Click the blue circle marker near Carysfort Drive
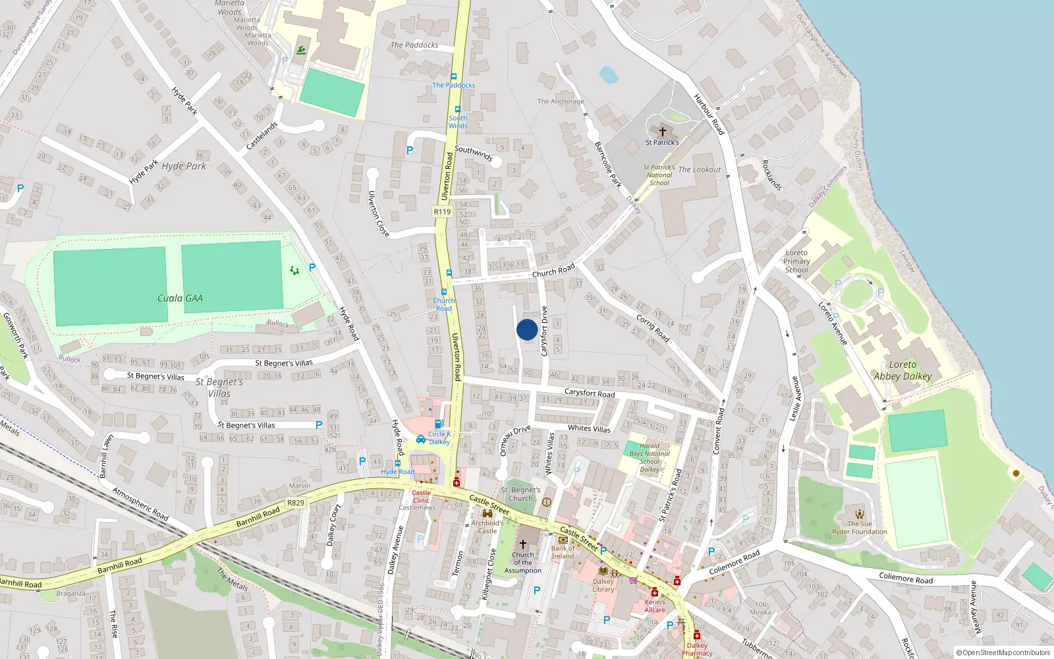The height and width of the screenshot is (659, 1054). (527, 329)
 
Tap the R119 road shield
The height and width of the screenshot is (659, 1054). (442, 212)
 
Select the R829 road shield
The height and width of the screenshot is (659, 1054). (296, 503)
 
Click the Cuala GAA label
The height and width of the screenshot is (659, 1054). (180, 299)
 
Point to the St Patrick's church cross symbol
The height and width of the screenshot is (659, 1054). (663, 132)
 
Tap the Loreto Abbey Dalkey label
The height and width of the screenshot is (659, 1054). (902, 370)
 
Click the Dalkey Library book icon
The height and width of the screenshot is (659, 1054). (603, 571)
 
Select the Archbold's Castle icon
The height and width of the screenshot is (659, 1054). (487, 513)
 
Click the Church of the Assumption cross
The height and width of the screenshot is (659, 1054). (523, 544)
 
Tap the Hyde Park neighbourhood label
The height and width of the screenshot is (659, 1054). (184, 166)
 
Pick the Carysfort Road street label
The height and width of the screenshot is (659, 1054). (590, 393)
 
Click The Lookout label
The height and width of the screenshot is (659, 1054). (700, 169)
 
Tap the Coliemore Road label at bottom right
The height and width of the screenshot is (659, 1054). (906, 579)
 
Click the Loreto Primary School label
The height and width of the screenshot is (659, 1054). (796, 261)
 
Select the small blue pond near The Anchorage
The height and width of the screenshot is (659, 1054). (609, 74)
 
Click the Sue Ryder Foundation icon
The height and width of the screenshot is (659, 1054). (859, 513)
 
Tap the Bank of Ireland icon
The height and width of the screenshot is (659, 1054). (563, 539)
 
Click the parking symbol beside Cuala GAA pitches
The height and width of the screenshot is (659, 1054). (312, 268)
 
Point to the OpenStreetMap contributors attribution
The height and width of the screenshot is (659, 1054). (1003, 652)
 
